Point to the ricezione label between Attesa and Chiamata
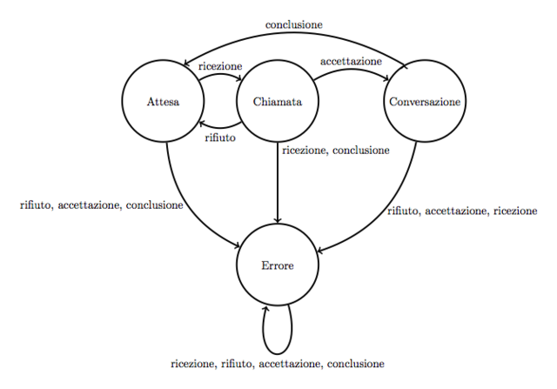pyautogui.click(x=220, y=66)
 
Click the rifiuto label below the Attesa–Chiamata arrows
pyautogui.click(x=219, y=138)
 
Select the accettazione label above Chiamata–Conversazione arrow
pyautogui.click(x=352, y=62)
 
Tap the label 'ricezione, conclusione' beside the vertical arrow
pyautogui.click(x=336, y=151)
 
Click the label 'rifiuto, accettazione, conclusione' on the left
pyautogui.click(x=101, y=205)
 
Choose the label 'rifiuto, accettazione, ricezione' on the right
pyautogui.click(x=461, y=211)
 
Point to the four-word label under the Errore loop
pyautogui.click(x=278, y=363)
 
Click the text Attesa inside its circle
pyautogui.click(x=164, y=103)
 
